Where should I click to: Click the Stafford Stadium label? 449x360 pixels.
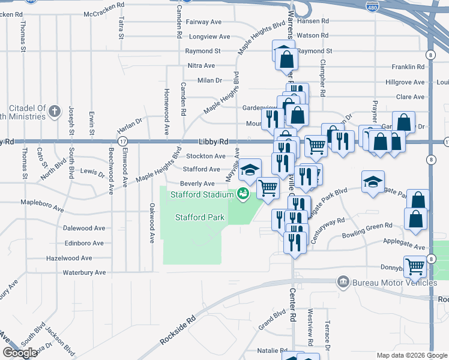[x=202, y=194]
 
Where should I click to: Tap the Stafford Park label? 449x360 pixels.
[x=199, y=217]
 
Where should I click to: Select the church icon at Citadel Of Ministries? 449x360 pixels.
[x=55, y=110]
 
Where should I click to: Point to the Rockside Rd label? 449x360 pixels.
[x=178, y=331]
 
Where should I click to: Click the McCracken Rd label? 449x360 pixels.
[x=104, y=13]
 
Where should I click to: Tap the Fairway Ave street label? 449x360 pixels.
[x=204, y=22]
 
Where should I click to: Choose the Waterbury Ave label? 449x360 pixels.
[x=84, y=272]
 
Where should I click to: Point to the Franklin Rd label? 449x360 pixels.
[x=408, y=66]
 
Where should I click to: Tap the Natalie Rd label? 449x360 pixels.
[x=256, y=350]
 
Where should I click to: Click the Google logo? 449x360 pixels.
[x=20, y=353]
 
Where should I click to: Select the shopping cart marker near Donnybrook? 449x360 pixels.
[x=415, y=266]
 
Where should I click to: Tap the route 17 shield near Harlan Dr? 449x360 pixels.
[x=122, y=142]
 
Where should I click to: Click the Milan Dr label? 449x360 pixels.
[x=209, y=80]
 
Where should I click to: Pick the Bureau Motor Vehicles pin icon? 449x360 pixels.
[x=343, y=281]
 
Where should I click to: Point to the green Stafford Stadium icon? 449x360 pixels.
[x=243, y=194]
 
